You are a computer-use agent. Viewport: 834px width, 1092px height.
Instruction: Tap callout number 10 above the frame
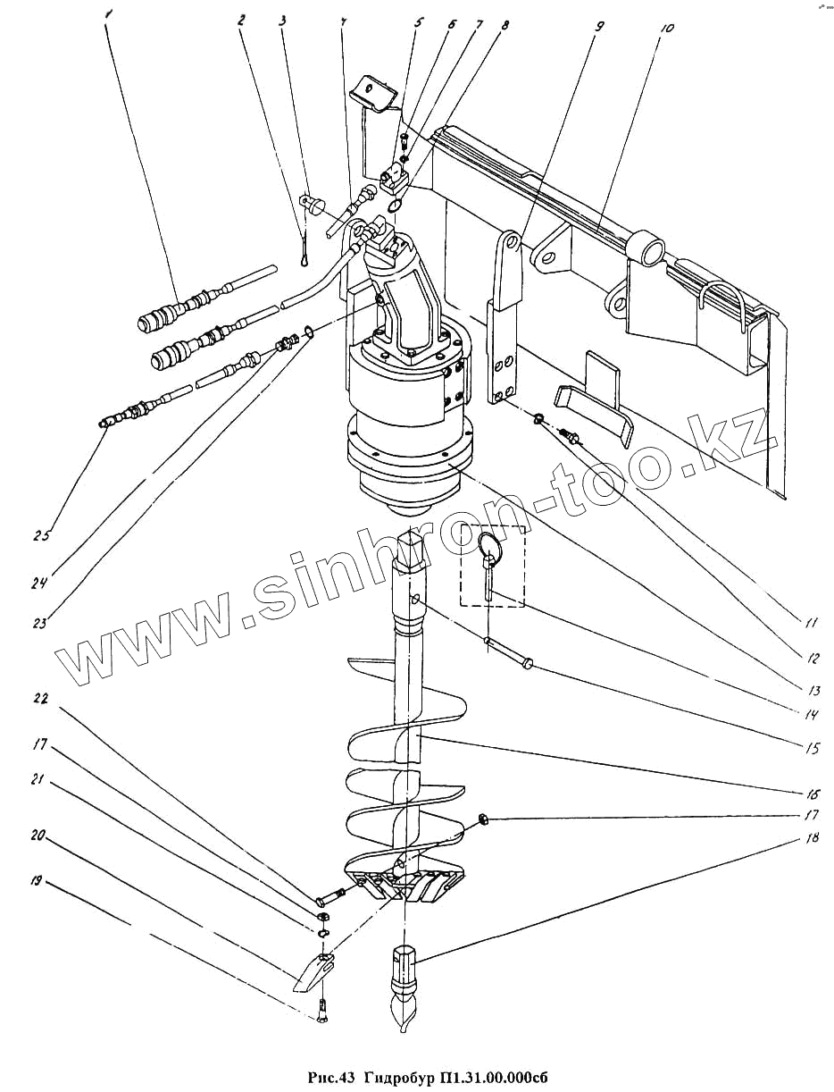pyautogui.click(x=665, y=28)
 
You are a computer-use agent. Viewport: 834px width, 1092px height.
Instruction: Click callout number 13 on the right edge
pyautogui.click(x=812, y=690)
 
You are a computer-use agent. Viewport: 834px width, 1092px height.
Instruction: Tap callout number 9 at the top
pyautogui.click(x=596, y=27)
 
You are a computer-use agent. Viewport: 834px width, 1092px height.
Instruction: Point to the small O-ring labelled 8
pyautogui.click(x=395, y=206)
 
